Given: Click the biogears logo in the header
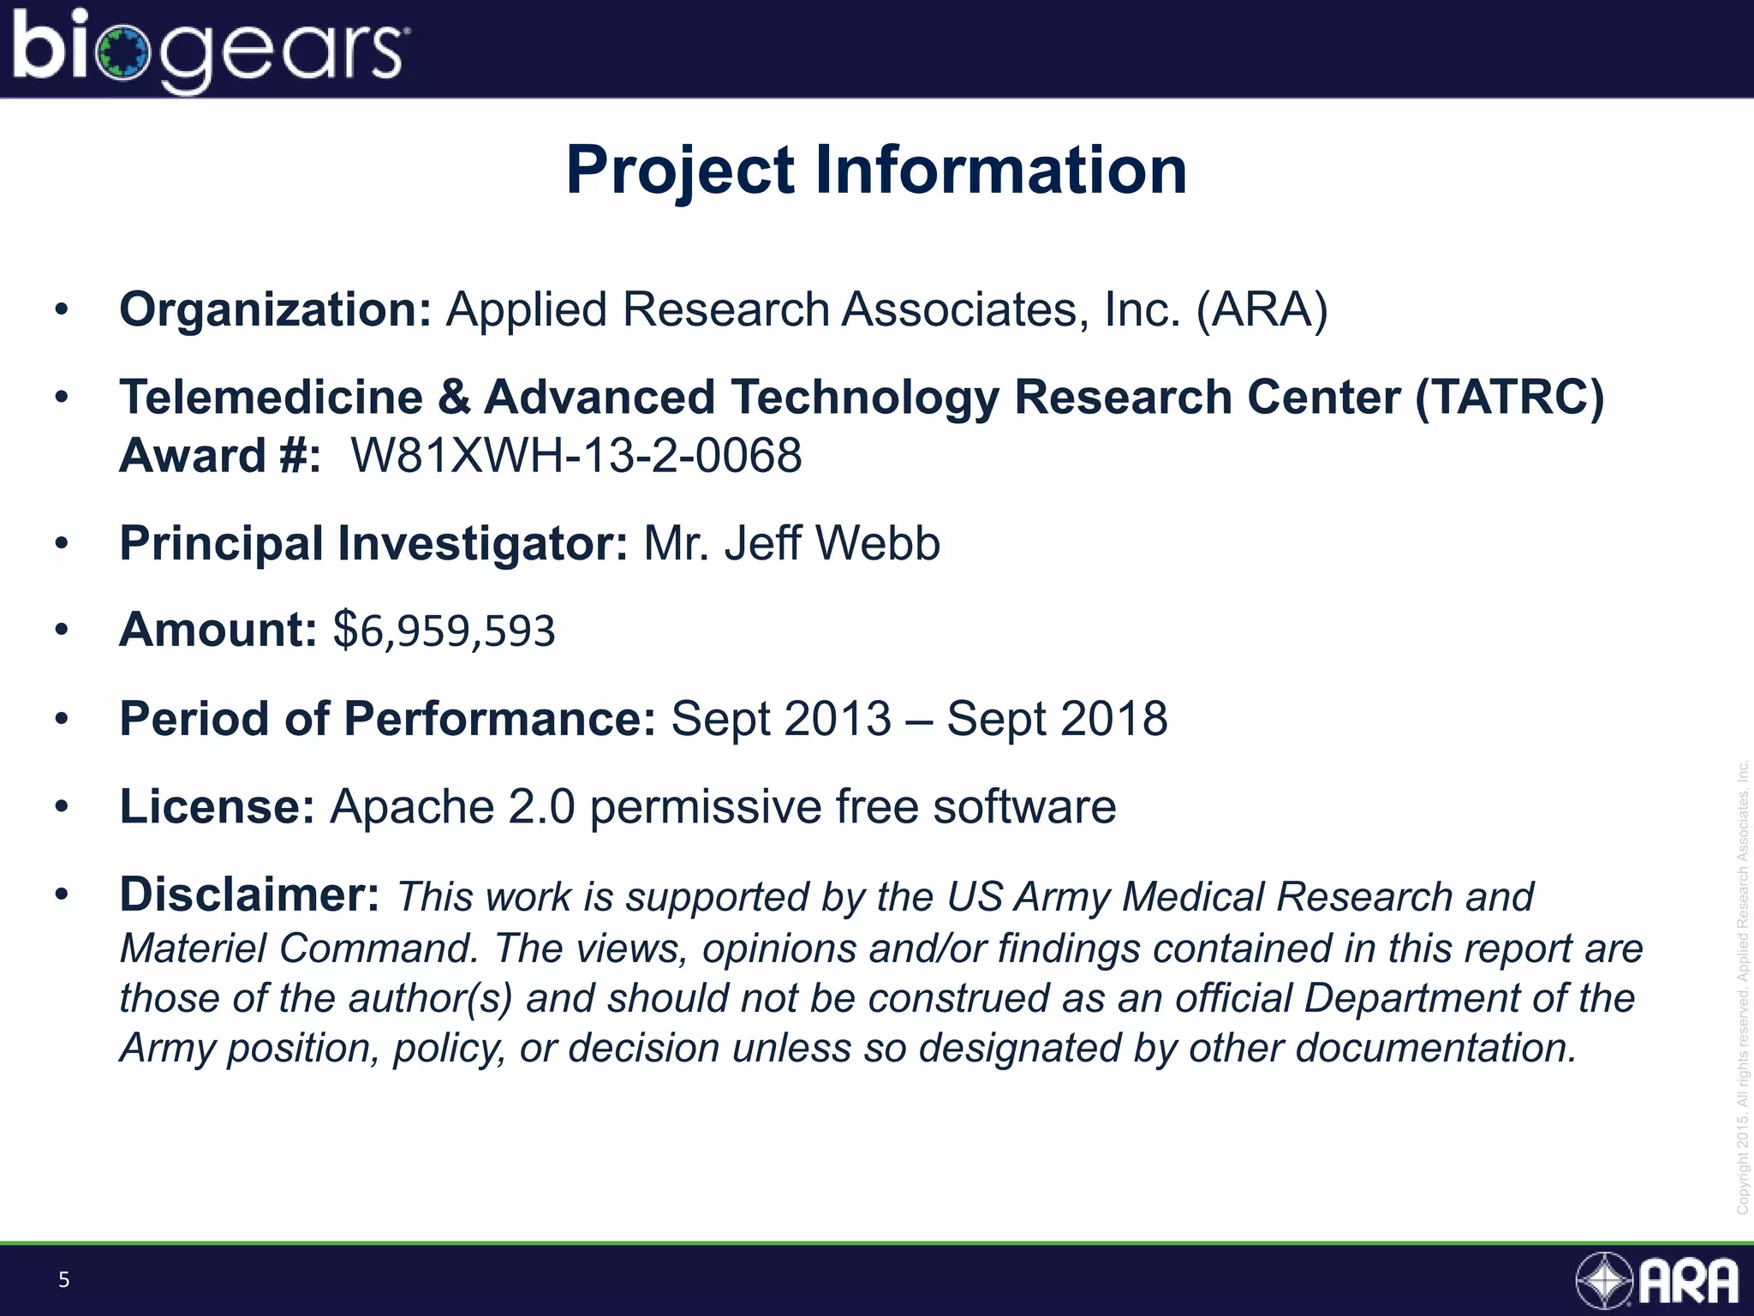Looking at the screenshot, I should pos(211,50).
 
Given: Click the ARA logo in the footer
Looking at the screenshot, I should pos(1658,1281).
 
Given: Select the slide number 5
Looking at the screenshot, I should pos(63,1280).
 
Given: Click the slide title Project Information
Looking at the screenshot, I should pos(876,170).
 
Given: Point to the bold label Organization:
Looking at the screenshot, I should pos(275,309).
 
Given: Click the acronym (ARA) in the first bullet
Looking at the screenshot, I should pos(1262,309).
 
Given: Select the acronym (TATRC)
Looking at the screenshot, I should pos(1509,398).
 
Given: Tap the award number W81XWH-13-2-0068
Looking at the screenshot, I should pos(576,455).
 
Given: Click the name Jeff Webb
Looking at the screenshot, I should pos(832,543).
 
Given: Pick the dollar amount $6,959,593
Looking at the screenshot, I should pos(444,631).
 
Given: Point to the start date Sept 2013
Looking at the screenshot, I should pos(780,718).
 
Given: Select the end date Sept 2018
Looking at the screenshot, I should pos(1057,718).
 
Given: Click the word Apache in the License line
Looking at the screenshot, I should pos(411,807).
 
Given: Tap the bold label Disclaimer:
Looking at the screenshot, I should pos(249,895).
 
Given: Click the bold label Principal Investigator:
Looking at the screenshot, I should pos(374,543).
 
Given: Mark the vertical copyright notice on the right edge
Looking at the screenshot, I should pos(1742,985).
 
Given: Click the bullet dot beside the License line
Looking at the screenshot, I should pos(61,807).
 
